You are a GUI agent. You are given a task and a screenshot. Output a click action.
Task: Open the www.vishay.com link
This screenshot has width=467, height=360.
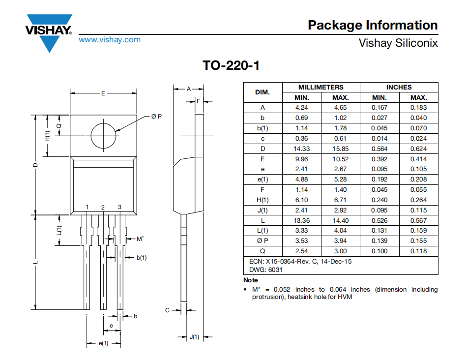click(110, 40)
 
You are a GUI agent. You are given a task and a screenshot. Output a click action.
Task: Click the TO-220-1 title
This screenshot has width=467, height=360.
click(231, 65)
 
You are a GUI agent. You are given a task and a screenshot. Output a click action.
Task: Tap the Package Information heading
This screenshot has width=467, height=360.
click(373, 25)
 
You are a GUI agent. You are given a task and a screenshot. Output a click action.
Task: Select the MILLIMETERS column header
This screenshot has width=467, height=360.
click(321, 87)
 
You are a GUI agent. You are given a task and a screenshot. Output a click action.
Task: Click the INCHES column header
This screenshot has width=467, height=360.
click(399, 87)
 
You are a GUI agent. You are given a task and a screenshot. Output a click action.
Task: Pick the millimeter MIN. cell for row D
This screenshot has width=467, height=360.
click(301, 149)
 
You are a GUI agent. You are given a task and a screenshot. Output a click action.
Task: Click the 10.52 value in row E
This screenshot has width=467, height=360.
click(341, 159)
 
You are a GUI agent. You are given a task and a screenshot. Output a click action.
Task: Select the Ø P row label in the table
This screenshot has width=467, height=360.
click(263, 241)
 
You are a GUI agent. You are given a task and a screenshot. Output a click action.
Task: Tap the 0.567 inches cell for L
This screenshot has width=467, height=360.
click(418, 220)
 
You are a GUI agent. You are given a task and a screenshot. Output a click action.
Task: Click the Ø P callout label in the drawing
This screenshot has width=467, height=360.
click(156, 116)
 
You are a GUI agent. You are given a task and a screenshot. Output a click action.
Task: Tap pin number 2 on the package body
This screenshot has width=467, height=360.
click(103, 208)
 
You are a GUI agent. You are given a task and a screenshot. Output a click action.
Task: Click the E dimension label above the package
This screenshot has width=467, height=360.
click(103, 93)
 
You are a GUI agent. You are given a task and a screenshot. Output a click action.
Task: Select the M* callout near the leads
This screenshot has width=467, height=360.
click(140, 239)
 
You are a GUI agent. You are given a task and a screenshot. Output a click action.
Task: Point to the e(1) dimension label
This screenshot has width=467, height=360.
click(103, 343)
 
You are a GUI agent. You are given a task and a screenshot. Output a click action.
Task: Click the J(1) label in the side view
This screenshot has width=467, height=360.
click(194, 337)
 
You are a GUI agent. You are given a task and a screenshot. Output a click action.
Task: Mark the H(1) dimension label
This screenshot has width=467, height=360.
click(47, 136)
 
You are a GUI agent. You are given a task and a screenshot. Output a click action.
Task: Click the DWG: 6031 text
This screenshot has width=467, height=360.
click(265, 270)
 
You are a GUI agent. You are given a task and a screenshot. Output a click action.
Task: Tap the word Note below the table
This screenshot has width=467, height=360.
click(251, 280)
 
